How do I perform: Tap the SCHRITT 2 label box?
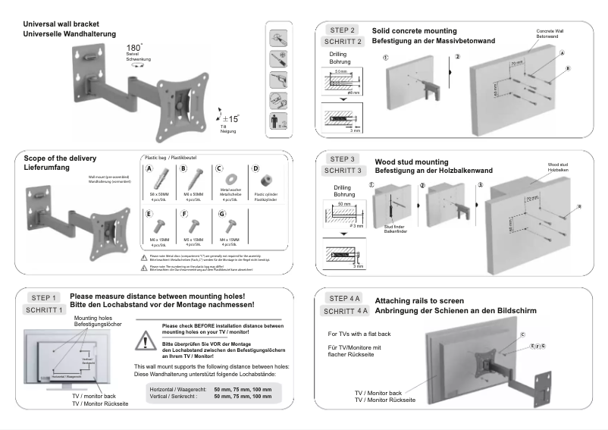(x=343, y=42)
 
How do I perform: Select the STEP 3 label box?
(x=343, y=159)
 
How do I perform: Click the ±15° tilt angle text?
(x=230, y=118)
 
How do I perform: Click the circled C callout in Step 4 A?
(x=522, y=334)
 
